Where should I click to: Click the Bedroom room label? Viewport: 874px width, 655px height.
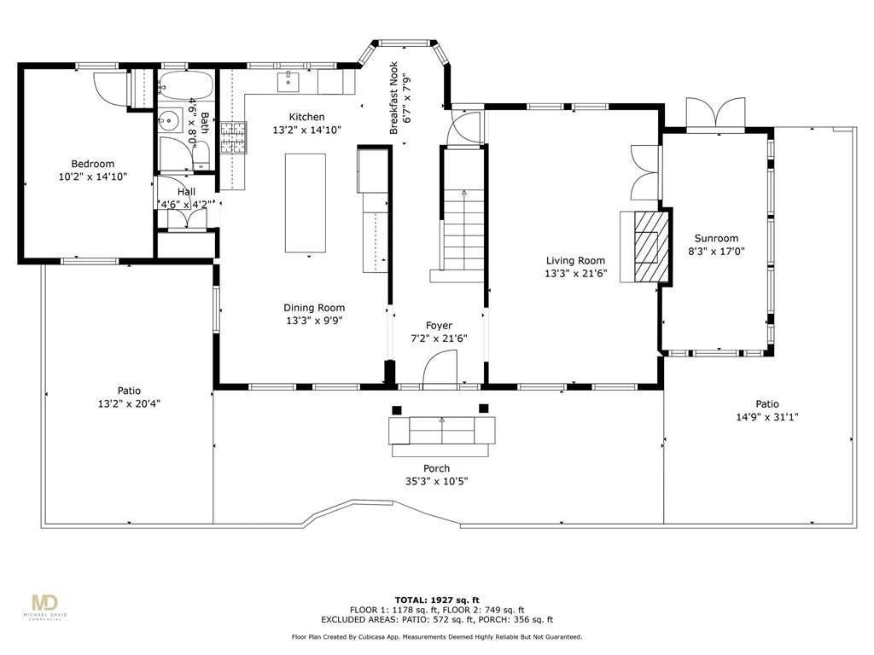click(92, 164)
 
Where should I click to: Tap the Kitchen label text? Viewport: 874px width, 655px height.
click(306, 117)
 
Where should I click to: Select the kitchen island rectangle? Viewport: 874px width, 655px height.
click(306, 203)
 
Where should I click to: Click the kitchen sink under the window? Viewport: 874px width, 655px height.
click(288, 81)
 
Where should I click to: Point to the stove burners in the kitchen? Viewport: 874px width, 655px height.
click(233, 137)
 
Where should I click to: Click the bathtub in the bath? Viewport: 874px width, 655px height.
click(185, 84)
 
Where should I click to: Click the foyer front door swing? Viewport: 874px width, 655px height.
click(440, 370)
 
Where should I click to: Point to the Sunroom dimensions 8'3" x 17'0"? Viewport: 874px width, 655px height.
click(716, 252)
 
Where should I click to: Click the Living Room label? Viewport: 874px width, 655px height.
click(575, 261)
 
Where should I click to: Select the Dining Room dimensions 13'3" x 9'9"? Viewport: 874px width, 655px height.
click(314, 321)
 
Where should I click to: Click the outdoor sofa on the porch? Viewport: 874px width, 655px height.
click(442, 431)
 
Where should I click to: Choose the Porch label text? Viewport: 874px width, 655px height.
click(436, 468)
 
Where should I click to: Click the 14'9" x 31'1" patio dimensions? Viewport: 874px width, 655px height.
click(767, 417)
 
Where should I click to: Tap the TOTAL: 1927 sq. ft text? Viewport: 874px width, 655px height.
click(437, 600)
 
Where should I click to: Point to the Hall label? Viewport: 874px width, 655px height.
click(186, 192)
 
